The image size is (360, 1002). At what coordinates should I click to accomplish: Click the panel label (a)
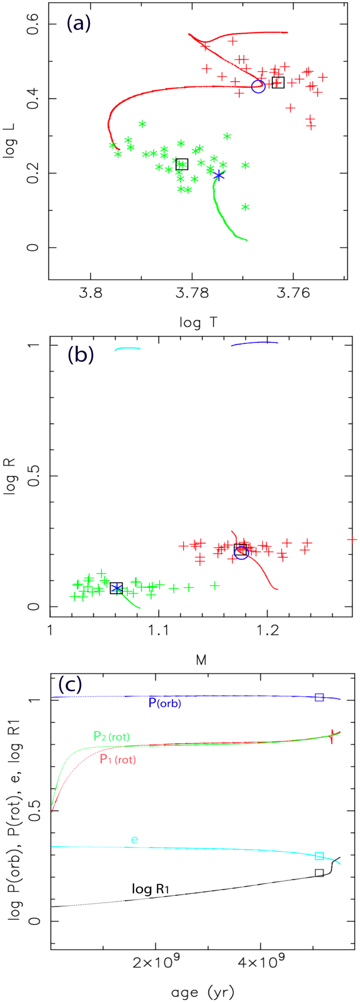click(79, 23)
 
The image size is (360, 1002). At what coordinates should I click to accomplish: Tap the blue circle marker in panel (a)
click(258, 86)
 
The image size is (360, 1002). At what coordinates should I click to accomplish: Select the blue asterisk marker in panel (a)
click(218, 176)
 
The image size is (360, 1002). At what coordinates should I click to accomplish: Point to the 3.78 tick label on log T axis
click(192, 293)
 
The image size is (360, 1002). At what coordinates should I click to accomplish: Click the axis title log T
click(198, 322)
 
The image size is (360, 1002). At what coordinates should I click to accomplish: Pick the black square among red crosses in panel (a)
click(278, 83)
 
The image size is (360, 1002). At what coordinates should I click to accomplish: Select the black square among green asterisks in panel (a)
click(182, 164)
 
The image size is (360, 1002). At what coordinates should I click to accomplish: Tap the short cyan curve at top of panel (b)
click(128, 349)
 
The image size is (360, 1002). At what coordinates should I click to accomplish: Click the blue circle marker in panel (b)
click(242, 553)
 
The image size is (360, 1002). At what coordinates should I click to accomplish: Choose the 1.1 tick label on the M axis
click(159, 631)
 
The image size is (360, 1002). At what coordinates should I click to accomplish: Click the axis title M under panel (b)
click(201, 660)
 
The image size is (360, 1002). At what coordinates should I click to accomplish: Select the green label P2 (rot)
click(112, 736)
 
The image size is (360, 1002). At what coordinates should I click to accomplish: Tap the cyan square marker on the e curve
click(319, 856)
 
